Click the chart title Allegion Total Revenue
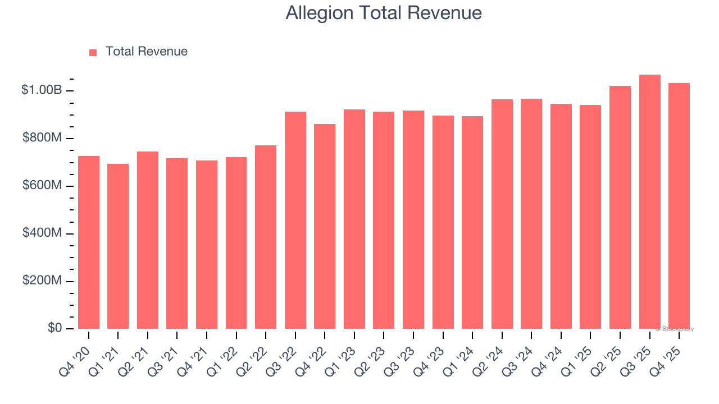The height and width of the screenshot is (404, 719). [384, 13]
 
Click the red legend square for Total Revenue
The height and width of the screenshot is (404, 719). [93, 52]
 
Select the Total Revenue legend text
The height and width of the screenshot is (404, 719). [146, 52]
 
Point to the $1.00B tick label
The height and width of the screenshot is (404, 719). [42, 90]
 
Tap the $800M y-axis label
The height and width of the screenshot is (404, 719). [42, 137]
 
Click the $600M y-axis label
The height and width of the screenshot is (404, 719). [42, 185]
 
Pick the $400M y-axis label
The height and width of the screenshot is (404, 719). [42, 232]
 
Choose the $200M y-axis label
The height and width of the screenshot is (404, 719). [42, 280]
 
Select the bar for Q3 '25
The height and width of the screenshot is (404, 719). [649, 202]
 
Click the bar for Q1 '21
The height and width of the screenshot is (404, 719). [118, 247]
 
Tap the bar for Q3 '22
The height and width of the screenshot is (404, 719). [295, 221]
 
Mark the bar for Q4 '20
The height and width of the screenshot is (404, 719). [89, 242]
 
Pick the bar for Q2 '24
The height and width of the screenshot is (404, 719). [502, 214]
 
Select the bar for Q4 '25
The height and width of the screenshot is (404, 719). [679, 206]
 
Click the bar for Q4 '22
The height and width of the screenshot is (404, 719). [325, 227]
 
